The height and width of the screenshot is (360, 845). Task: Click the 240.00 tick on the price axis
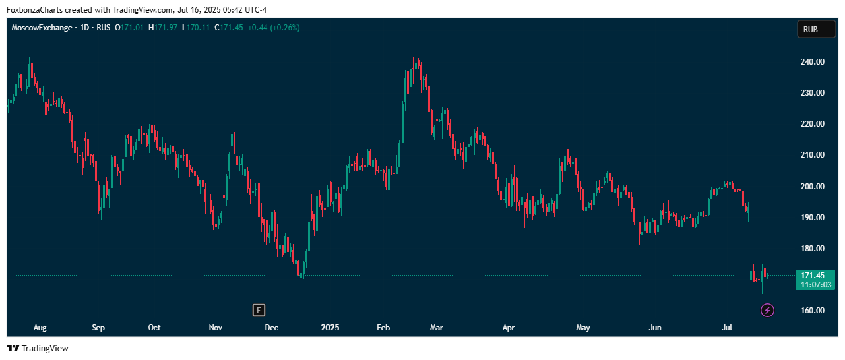coord(812,62)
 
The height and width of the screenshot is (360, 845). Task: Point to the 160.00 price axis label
coord(812,311)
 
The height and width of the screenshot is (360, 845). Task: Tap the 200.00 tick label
coord(812,186)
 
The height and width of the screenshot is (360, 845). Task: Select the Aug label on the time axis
coord(40,328)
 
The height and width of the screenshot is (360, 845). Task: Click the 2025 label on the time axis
coord(330,328)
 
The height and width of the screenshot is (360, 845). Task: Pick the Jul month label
coord(727,328)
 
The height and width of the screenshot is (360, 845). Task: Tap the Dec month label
coord(272,328)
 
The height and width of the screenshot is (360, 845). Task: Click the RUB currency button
coord(816,30)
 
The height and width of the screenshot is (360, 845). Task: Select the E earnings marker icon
coord(259,311)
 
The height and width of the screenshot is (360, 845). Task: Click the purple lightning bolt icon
coord(767,311)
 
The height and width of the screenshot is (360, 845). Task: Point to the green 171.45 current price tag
coord(815,276)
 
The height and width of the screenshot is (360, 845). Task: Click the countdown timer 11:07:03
coord(816,285)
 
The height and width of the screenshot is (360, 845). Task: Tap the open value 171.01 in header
coord(132,28)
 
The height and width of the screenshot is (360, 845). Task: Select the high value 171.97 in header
coord(165,28)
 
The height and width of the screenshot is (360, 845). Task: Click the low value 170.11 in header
coord(198,28)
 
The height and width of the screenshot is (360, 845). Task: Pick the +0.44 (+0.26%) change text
coord(274,28)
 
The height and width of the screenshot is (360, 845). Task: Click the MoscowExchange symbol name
coord(42,28)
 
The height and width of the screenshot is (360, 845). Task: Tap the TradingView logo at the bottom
coord(38,348)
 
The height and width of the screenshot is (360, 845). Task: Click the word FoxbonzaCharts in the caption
coord(35,10)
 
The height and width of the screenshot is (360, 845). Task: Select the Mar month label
coord(437,328)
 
